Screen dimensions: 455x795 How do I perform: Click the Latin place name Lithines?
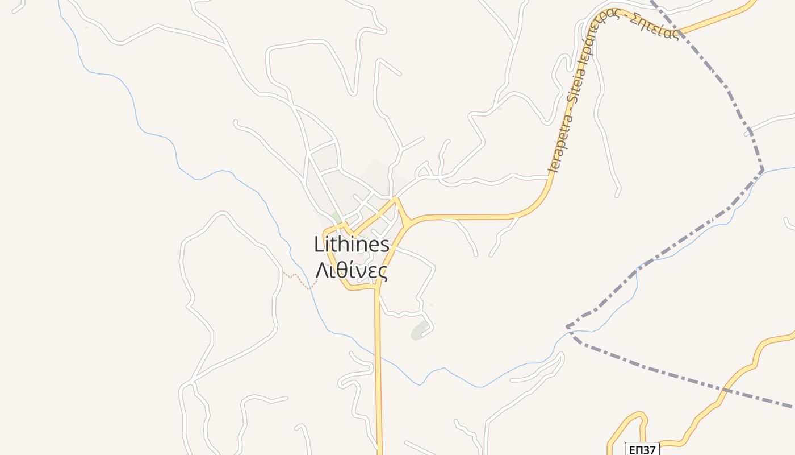[x=352, y=245]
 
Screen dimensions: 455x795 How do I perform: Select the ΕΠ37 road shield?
[x=642, y=449]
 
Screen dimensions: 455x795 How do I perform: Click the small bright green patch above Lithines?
[x=336, y=218]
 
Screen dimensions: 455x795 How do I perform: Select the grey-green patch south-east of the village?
[x=419, y=330]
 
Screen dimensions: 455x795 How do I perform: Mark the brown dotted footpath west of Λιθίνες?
[x=297, y=278]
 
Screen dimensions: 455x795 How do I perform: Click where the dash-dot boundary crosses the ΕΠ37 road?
[x=725, y=390]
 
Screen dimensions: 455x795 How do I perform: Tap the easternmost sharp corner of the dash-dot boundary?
[x=763, y=169]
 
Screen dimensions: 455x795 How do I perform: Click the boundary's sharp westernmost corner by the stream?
[x=567, y=327]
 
